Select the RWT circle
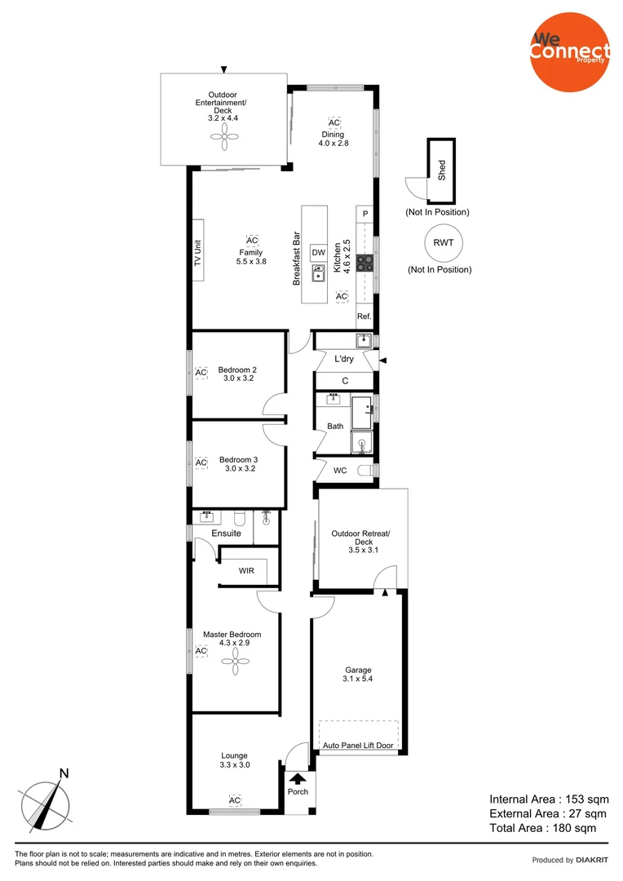(443, 242)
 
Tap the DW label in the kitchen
(318, 252)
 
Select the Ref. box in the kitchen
(365, 316)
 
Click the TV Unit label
(197, 250)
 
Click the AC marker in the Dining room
(334, 122)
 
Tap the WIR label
(246, 571)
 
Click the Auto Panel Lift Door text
(358, 746)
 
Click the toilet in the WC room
(371, 471)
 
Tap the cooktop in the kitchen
(365, 262)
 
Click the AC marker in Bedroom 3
(201, 463)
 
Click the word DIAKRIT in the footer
(594, 860)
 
